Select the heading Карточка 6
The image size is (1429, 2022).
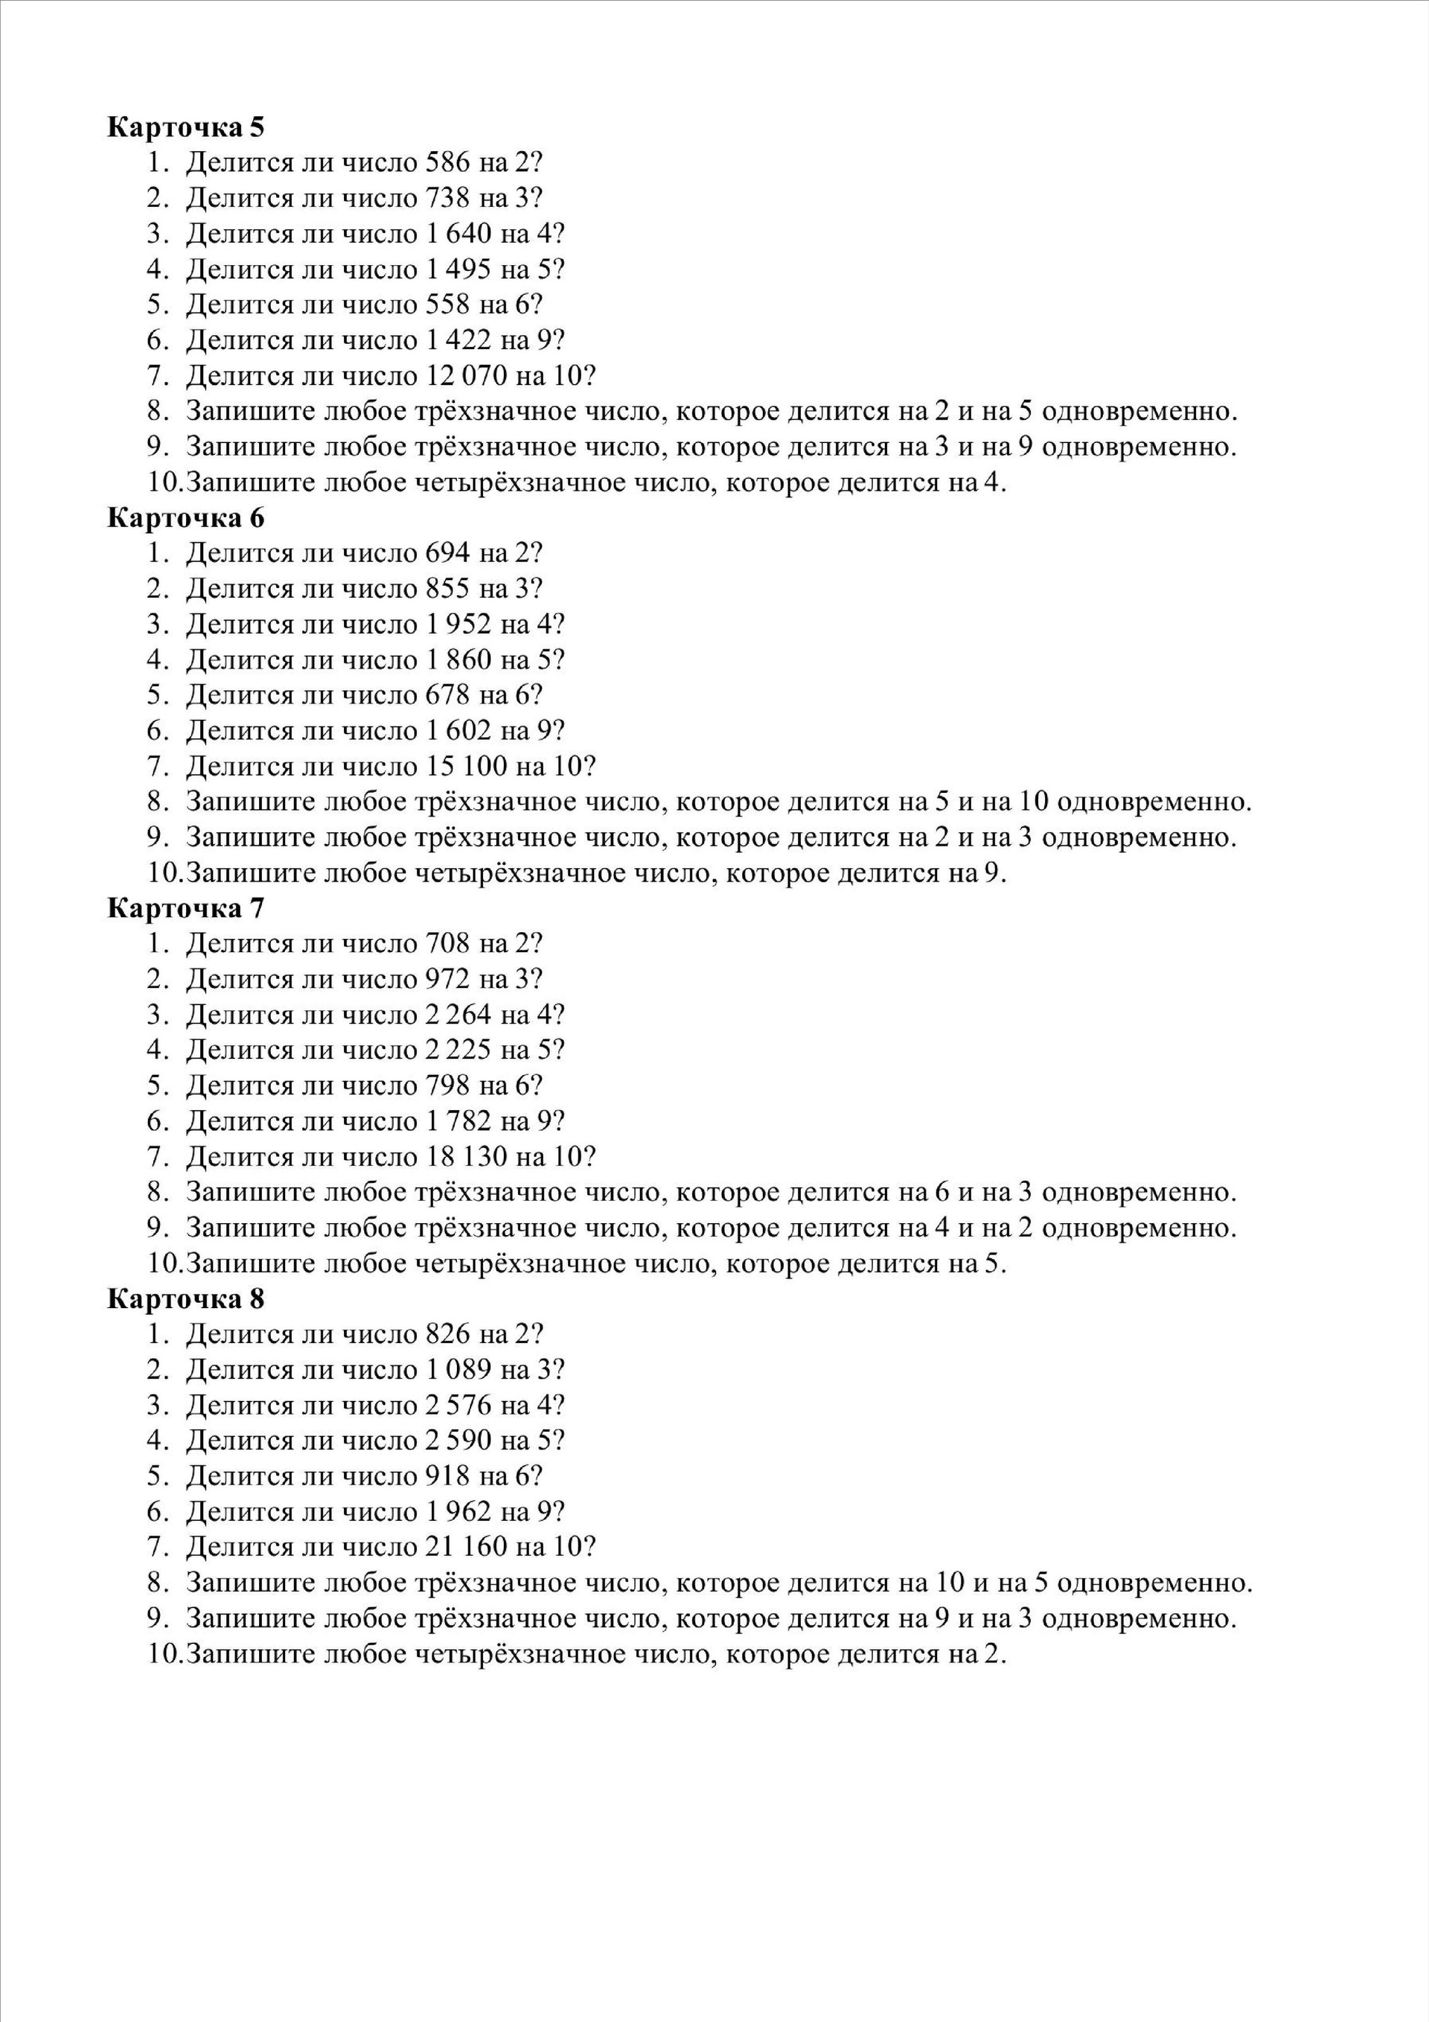186,518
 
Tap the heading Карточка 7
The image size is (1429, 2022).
186,908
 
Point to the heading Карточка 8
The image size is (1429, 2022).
186,1299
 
